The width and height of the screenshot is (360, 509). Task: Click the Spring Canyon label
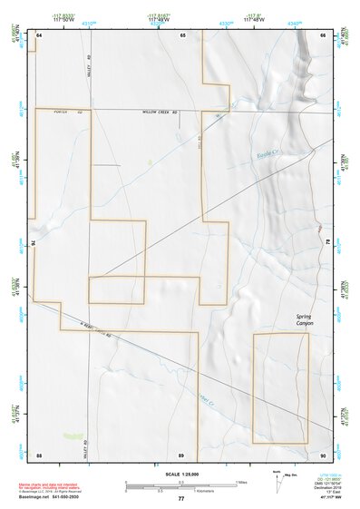coord(303,319)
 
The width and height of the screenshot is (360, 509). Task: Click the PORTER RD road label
coord(63,112)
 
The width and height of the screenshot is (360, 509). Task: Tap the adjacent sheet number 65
coord(182,34)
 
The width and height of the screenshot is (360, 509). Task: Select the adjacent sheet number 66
coord(323,34)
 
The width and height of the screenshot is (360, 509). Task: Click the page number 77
coord(181,498)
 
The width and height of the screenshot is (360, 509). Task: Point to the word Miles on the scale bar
coord(241,481)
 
